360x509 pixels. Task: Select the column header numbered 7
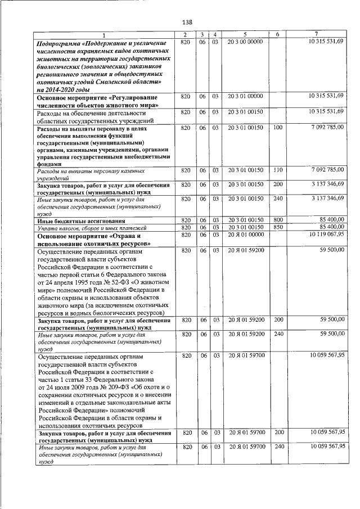(x=317, y=35)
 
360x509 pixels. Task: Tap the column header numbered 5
(x=245, y=35)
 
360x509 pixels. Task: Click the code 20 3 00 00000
(x=245, y=43)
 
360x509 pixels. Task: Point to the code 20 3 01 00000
(x=245, y=96)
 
